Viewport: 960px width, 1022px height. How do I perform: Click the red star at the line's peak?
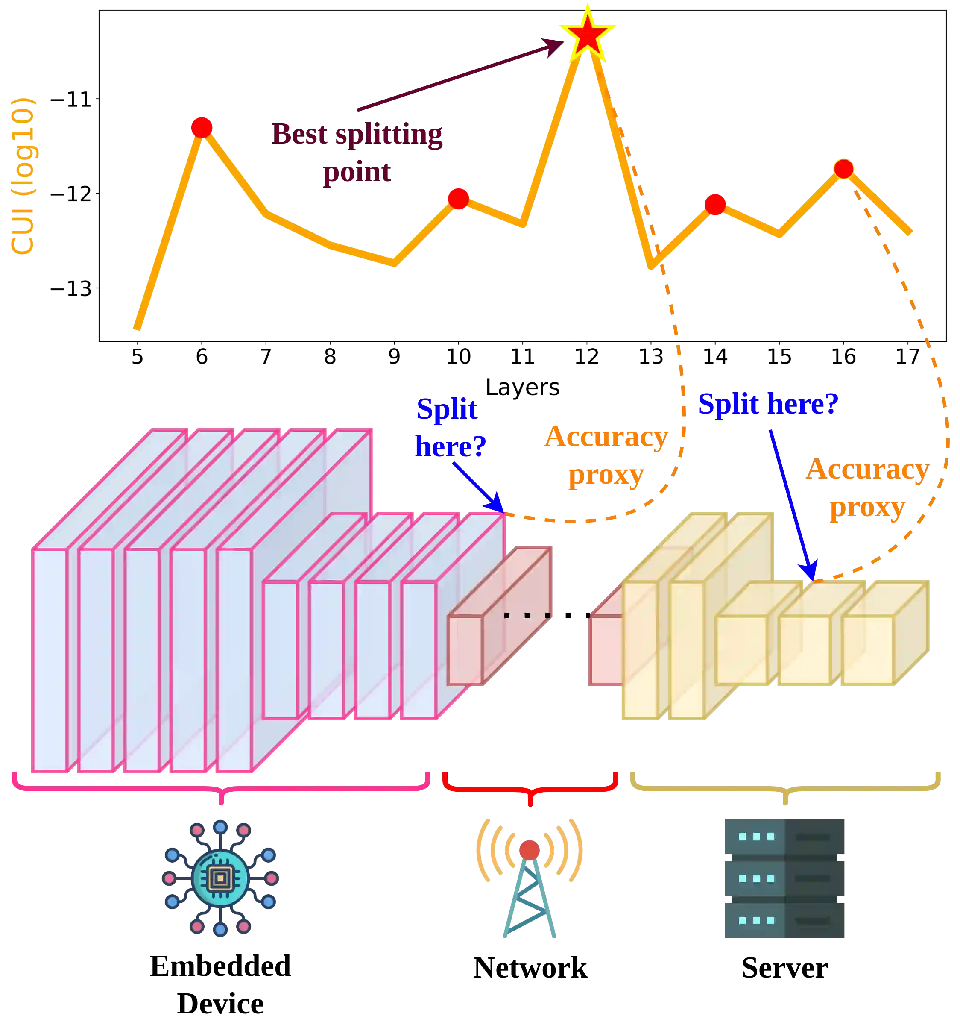coord(587,35)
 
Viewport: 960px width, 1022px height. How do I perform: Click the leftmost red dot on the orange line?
coord(202,127)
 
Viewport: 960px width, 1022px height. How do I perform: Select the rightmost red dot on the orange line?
coord(843,169)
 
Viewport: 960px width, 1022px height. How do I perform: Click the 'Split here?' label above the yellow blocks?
coord(767,404)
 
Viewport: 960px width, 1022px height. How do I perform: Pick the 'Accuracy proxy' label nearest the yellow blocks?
coord(867,488)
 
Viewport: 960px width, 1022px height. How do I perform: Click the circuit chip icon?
coord(220,878)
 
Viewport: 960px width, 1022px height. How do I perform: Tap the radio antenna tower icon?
coord(530,878)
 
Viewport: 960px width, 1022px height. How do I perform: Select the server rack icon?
coord(785,878)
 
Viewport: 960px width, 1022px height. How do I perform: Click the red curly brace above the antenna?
coord(530,787)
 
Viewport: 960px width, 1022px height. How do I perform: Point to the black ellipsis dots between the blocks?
coord(527,615)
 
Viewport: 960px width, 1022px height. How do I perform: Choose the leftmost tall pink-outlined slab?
coord(50,660)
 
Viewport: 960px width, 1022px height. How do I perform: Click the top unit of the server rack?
coord(785,837)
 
